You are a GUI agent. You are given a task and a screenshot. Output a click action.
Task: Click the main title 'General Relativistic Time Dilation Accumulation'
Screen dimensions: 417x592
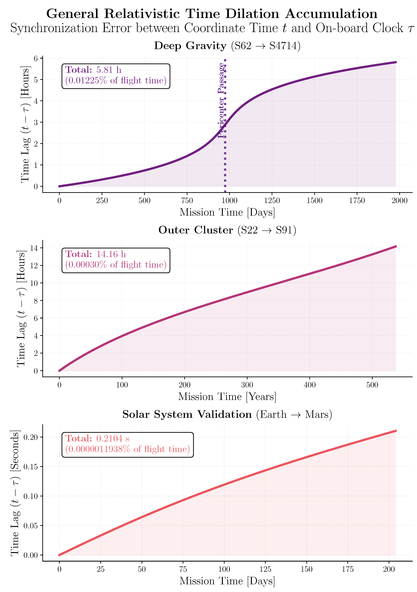[x=212, y=14]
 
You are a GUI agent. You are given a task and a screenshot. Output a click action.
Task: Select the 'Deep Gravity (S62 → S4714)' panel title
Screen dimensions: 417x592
[x=227, y=46]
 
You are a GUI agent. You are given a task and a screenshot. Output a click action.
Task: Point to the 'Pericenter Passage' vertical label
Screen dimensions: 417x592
[x=221, y=100]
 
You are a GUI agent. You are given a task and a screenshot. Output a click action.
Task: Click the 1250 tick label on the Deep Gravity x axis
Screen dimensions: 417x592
[x=272, y=201]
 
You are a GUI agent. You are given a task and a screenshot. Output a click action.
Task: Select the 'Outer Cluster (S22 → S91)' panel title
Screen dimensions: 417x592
[x=227, y=230]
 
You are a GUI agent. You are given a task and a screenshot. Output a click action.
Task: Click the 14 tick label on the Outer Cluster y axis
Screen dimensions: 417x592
[x=34, y=248]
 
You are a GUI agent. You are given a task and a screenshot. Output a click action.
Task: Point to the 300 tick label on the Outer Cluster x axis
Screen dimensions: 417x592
[x=247, y=385]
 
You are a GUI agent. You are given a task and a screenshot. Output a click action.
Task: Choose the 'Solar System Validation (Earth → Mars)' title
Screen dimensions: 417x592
[x=227, y=414]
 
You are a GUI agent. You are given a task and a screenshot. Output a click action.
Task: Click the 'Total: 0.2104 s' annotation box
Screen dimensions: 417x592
[x=128, y=445]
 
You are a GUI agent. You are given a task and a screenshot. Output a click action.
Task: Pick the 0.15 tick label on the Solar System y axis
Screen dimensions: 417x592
[x=30, y=467]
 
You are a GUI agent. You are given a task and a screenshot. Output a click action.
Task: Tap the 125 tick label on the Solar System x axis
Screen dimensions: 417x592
[x=265, y=569]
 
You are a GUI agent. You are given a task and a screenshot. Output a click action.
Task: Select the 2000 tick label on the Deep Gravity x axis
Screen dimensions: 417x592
[x=399, y=201]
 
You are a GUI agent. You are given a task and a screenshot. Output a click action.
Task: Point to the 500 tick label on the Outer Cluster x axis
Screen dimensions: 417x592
[x=372, y=385]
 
